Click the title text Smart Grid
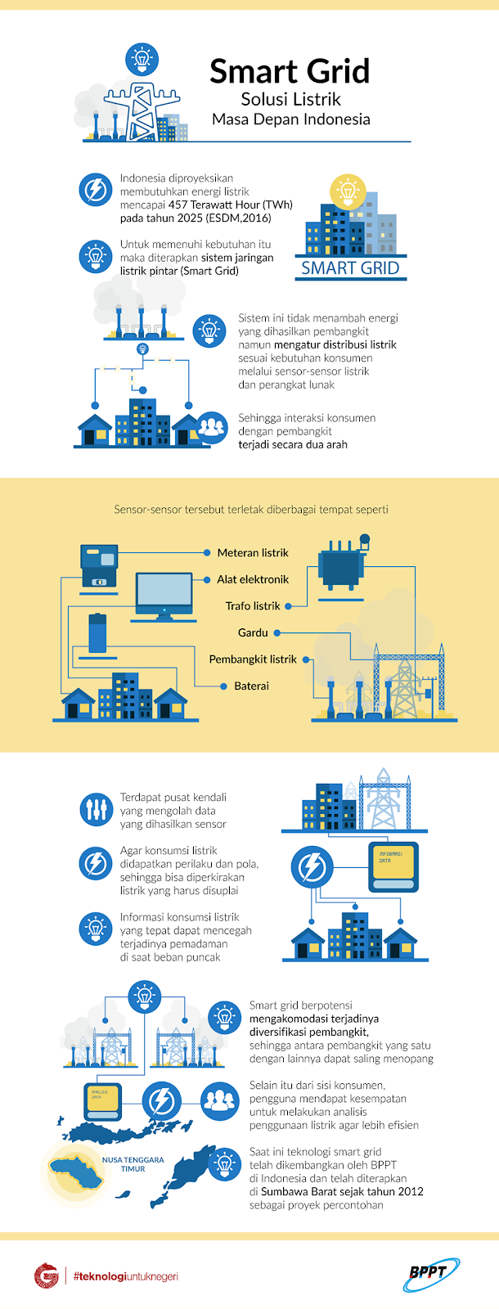point(290,72)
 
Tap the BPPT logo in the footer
point(430,1274)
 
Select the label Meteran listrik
point(253,553)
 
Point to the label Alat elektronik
point(253,579)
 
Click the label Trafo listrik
point(253,606)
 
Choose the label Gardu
point(253,632)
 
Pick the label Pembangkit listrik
point(252,659)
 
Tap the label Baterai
point(251,686)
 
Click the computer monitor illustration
point(164,594)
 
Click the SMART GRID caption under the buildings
point(350,268)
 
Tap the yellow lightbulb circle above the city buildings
point(347,191)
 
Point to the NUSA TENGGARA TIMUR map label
point(133,1164)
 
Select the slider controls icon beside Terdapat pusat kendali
point(97,809)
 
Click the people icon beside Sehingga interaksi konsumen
point(212,427)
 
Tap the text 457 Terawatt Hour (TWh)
point(230,205)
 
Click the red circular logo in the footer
point(47,1275)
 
